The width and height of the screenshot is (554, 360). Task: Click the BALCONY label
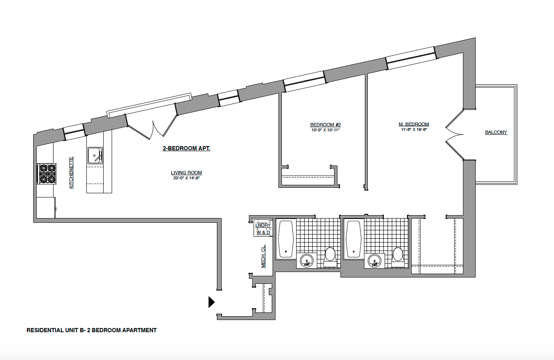tap(496, 132)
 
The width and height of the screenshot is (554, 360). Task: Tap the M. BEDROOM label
tap(414, 124)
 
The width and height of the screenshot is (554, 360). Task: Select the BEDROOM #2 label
tap(325, 125)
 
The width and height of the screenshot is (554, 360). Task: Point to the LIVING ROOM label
tap(186, 173)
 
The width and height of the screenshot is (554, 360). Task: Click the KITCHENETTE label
tap(71, 173)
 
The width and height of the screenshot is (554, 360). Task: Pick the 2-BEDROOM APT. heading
tap(186, 149)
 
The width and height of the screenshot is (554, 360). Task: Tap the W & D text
tap(263, 232)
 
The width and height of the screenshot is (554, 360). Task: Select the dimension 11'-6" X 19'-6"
tap(414, 130)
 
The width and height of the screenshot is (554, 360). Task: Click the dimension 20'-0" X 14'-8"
tap(186, 178)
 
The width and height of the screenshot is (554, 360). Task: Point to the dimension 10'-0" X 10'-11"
tap(325, 130)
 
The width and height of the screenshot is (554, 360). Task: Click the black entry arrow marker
tap(211, 302)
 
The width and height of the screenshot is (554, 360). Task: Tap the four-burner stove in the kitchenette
tap(47, 173)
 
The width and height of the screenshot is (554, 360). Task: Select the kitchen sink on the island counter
tap(95, 156)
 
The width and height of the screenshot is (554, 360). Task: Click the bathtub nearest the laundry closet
tap(286, 239)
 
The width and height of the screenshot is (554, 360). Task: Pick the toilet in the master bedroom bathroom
tap(397, 257)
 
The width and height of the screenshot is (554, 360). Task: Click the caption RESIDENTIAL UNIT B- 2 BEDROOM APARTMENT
tap(91, 331)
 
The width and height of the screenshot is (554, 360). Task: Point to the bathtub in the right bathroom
tap(353, 239)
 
